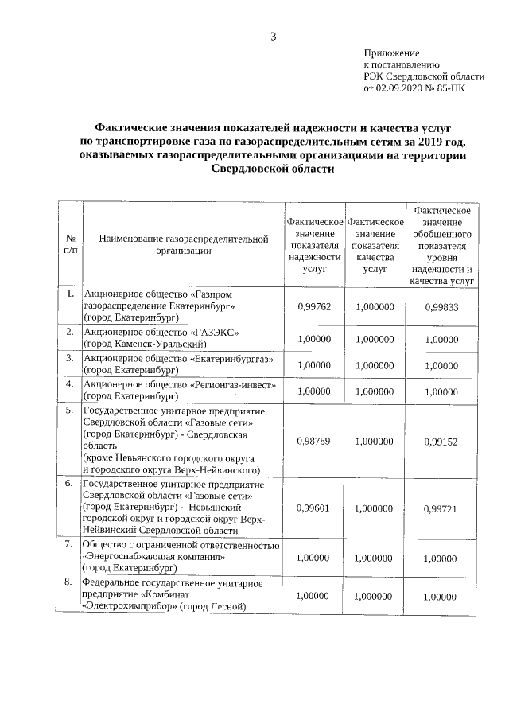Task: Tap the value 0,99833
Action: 441,307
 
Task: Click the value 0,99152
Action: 441,440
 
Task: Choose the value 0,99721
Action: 441,508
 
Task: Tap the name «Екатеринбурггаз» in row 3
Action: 234,359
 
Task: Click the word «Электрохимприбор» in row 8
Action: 129,607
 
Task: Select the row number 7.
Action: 69,544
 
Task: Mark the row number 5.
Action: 69,410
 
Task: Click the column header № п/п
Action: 70,244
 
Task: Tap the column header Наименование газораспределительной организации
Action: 185,244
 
